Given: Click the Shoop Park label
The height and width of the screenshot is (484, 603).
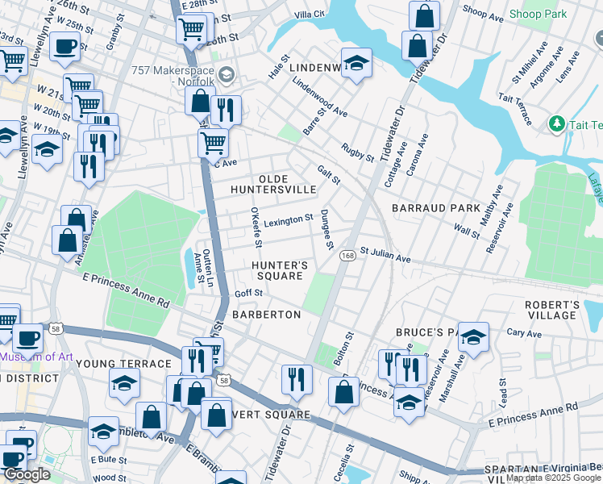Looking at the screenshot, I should (538, 14).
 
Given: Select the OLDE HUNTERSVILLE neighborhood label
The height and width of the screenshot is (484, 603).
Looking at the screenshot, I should (273, 184).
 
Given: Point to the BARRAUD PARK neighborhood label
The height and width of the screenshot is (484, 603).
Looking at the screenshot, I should (435, 208).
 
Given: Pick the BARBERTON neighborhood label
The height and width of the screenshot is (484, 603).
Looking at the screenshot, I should (266, 314).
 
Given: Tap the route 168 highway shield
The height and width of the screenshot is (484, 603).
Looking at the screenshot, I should (347, 256).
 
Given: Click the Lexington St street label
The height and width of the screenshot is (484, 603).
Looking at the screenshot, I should (288, 220).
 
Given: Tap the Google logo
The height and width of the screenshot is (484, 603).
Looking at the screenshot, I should (27, 474).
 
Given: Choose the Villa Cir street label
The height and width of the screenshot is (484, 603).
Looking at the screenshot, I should (309, 15).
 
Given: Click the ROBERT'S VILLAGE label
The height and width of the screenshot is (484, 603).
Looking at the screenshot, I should (552, 311).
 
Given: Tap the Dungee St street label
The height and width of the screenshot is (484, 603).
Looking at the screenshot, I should (326, 229).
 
